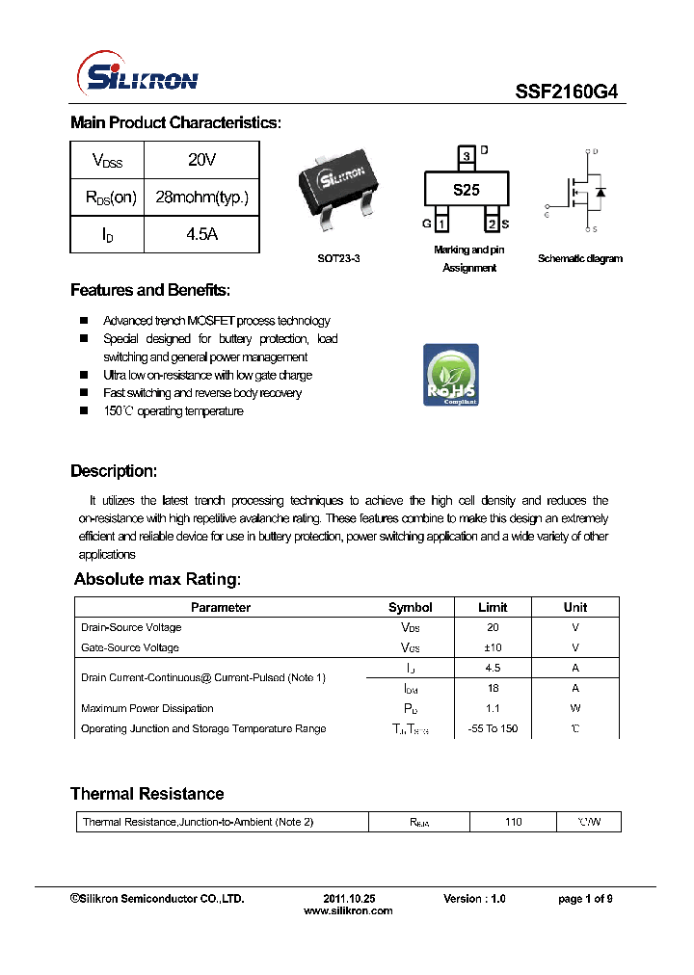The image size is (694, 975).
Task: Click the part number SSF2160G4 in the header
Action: [x=566, y=92]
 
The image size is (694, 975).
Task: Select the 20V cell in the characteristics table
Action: [x=201, y=160]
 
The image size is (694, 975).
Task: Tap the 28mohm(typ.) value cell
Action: [x=201, y=198]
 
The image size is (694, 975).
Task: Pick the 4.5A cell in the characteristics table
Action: [x=201, y=234]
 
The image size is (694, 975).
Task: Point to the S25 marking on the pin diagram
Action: [x=467, y=190]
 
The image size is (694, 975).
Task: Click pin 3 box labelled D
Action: [x=467, y=155]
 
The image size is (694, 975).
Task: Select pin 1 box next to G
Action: [x=441, y=224]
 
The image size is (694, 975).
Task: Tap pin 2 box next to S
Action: [x=492, y=224]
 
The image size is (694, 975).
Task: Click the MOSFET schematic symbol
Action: [x=580, y=191]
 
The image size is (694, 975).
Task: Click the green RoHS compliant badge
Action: [x=450, y=375]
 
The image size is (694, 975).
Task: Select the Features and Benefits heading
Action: [x=150, y=290]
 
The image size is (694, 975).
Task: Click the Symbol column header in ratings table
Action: [x=410, y=607]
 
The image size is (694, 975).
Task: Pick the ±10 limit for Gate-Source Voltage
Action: [x=493, y=647]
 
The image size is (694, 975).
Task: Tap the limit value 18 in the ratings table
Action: [x=493, y=688]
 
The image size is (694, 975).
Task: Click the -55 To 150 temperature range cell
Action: [x=493, y=728]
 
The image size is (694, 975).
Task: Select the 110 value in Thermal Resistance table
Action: [x=513, y=822]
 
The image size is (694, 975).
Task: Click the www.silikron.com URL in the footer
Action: [x=348, y=910]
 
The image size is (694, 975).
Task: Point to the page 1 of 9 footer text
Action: [x=585, y=898]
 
